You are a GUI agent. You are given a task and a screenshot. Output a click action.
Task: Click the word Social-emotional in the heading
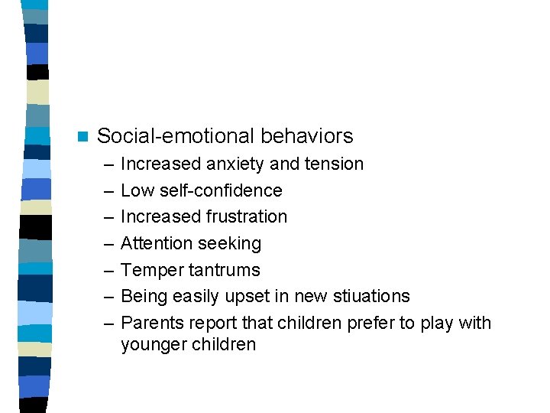click(x=176, y=136)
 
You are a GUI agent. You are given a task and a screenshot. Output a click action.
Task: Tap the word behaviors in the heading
click(x=307, y=136)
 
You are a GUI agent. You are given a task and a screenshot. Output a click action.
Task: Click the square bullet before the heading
click(x=82, y=137)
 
